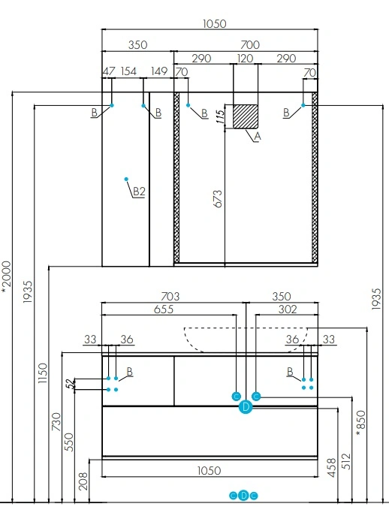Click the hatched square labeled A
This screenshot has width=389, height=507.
point(246,116)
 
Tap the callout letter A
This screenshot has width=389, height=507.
point(258,137)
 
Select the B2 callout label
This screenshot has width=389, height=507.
point(139,192)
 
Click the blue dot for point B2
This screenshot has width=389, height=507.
point(126,179)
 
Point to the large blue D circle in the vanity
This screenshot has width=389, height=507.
point(246,407)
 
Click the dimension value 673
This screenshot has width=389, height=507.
point(219,199)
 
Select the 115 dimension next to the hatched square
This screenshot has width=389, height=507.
point(220,117)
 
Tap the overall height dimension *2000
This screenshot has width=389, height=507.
point(7,277)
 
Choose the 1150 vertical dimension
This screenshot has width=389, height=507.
point(42,373)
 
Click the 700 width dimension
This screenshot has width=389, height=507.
point(250,44)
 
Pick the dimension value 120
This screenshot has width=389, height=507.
point(245,59)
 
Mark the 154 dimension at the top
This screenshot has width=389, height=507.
point(128,71)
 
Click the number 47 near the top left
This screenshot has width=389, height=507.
point(109,71)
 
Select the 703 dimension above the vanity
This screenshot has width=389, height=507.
point(170,296)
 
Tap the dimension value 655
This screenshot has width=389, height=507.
point(164,309)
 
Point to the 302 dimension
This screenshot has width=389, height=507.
point(288,309)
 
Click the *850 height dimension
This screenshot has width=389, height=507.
point(360,423)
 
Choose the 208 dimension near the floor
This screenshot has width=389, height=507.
point(83,481)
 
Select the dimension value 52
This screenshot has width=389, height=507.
point(70,384)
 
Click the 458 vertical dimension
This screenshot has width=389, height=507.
point(332,467)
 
